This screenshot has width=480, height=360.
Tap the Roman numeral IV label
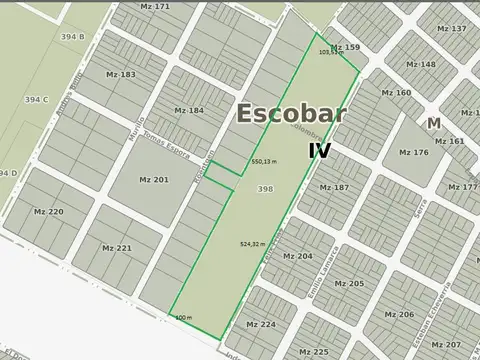319,151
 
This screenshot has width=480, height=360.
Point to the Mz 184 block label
188,110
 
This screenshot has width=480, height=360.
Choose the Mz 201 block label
153,179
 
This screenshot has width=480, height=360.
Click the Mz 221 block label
116,248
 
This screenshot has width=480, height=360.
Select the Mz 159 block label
345,47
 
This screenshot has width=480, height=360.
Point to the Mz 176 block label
413,152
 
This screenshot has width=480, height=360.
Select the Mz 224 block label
261,325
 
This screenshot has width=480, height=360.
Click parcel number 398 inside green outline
265,188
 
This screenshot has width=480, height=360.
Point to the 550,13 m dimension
264,161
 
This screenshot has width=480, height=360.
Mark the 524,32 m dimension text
253,244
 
